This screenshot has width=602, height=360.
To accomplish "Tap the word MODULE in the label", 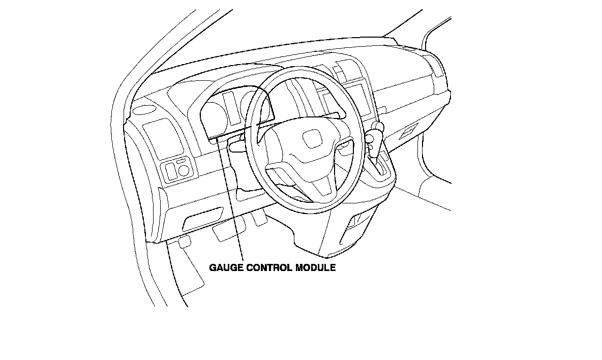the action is click(316, 267).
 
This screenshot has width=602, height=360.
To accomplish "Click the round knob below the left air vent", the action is click(183, 169).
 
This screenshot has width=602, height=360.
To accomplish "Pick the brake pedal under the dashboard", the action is click(223, 232).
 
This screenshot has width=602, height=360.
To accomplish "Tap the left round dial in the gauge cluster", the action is click(214, 114).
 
